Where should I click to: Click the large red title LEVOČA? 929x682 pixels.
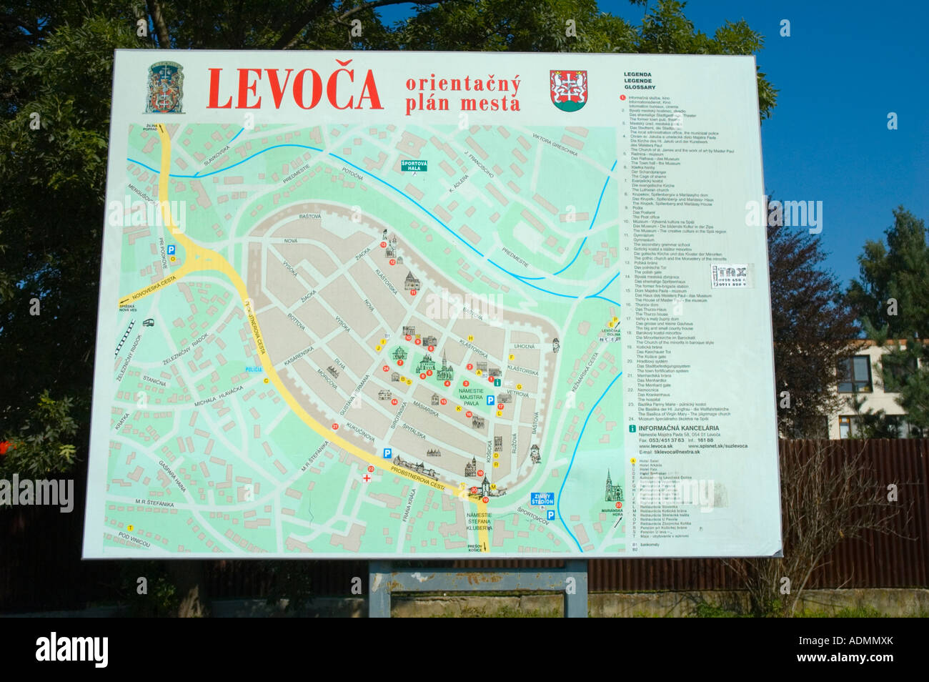click(x=294, y=89)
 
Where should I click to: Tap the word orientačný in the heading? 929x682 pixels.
click(x=462, y=84)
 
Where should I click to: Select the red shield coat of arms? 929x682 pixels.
click(x=568, y=90)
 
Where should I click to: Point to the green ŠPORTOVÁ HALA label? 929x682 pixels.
click(x=414, y=166)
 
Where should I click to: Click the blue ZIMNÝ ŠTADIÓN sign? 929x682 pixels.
click(x=542, y=498)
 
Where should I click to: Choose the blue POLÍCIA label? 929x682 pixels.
click(x=254, y=369)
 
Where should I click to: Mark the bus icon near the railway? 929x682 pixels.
click(x=149, y=323)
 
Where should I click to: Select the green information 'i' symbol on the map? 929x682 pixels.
click(x=497, y=383)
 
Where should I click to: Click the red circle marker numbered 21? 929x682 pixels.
click(x=335, y=427)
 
